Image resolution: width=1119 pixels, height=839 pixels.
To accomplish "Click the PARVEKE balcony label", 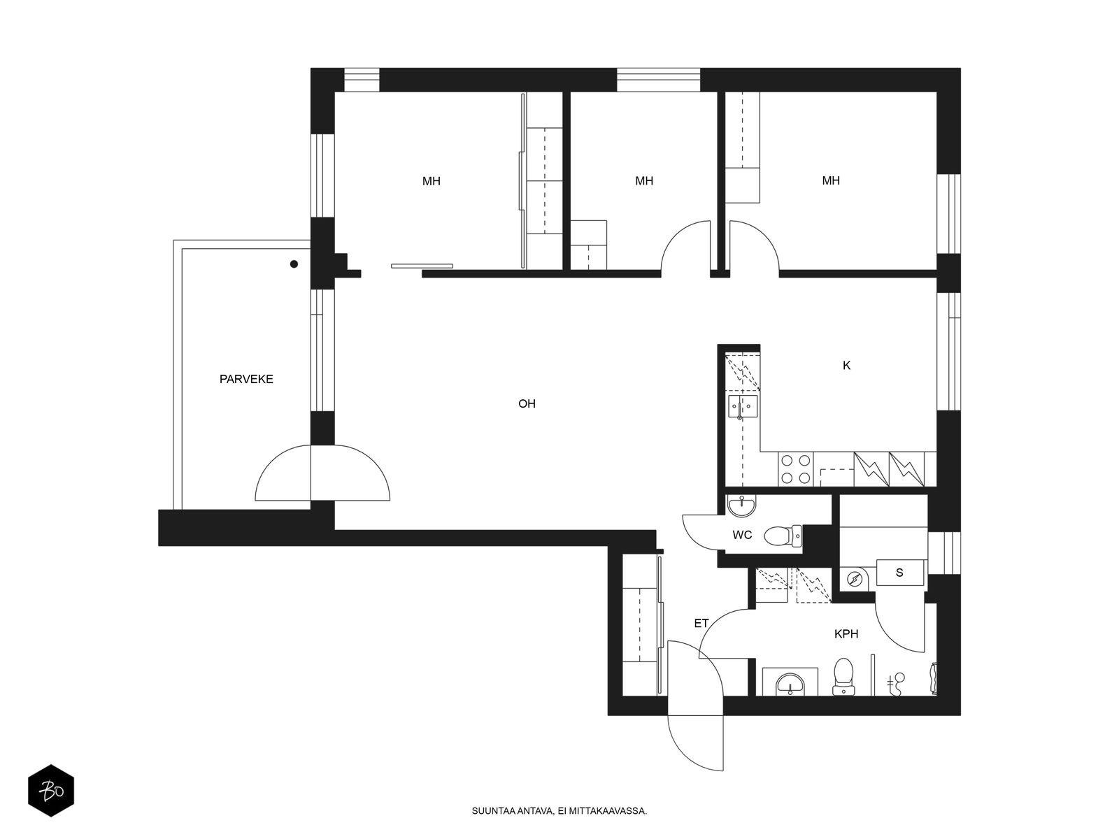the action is point(246,379).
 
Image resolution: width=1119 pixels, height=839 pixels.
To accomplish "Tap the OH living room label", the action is point(527,403).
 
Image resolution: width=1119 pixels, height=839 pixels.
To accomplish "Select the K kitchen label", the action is point(846,365).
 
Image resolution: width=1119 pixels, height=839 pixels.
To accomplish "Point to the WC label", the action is point(742,535).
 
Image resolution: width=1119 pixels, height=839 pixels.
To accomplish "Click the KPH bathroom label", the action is point(846,633).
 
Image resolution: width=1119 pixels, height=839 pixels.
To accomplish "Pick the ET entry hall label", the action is point(701,623).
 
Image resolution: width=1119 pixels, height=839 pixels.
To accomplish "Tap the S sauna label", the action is point(899,573).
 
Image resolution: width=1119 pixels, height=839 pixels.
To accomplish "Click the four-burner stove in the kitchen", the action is point(795,468).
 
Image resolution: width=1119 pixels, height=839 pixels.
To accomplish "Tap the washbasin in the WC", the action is point(742,505).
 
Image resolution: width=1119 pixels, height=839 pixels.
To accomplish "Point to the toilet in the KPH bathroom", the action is point(843,677).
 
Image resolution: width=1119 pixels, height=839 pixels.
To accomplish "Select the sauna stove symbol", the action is point(854,579).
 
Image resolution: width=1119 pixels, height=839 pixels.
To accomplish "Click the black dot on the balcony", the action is point(294,264).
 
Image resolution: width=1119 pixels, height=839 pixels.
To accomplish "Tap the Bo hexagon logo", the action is point(51,791).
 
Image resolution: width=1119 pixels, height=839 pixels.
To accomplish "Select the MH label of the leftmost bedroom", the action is point(432,181).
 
